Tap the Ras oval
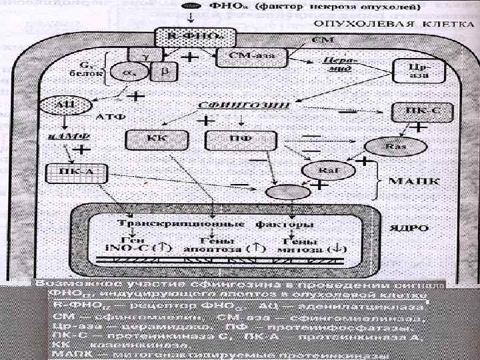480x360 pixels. pos(393,145)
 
